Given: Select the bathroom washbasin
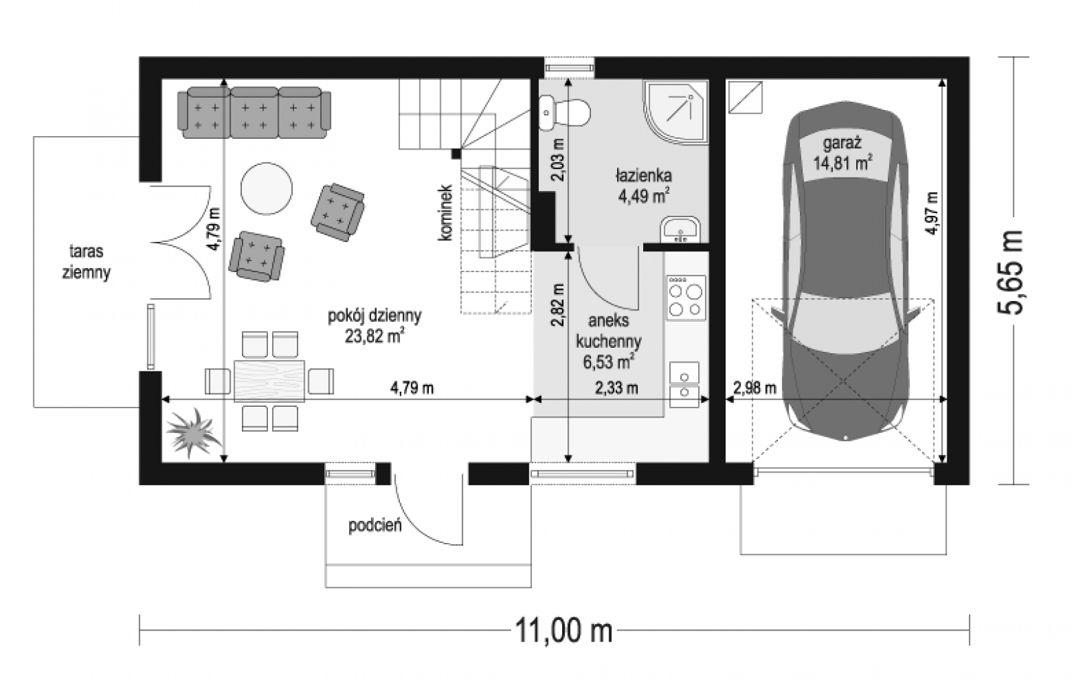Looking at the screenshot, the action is pos(680,229).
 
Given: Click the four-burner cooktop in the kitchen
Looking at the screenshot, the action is pos(686,298).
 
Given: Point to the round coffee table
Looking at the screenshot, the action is pos(266,188).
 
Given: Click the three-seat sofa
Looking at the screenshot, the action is pos(254,113).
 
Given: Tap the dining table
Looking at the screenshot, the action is pos(269,381).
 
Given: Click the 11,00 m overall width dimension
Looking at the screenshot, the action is pos(563,630).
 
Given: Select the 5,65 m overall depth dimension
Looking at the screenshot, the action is pos(1010,272).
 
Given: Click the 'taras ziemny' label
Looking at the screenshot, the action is pos(86,261).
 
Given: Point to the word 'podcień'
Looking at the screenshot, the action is pos(375,526).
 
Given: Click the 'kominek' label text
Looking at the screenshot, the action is pos(445,212).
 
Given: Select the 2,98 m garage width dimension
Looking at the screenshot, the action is pos(754,388).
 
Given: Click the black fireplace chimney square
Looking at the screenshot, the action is pos(456,153).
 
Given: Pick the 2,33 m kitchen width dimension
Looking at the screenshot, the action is pos(616,388).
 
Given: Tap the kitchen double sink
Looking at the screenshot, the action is pos(684,385).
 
